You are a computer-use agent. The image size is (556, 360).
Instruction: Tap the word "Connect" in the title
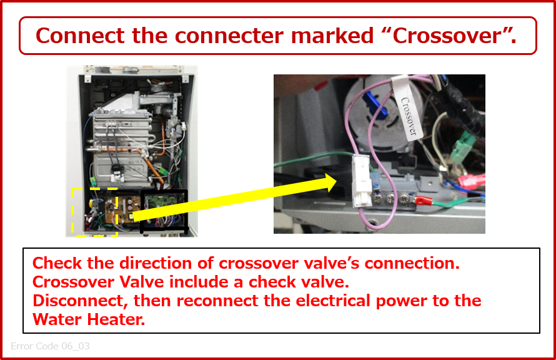[x=80, y=36]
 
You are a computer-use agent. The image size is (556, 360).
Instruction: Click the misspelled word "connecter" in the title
[x=229, y=36]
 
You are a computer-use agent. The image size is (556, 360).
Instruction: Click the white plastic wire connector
[x=361, y=181]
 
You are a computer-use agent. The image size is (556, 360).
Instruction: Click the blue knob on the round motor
[x=376, y=105]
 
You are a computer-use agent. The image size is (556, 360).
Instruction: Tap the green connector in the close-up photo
[x=463, y=147]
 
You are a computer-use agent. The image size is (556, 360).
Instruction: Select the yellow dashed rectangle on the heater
[x=72, y=212]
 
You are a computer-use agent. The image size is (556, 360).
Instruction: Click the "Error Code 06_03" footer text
[x=50, y=346]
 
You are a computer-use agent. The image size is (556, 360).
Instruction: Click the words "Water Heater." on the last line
[x=89, y=319]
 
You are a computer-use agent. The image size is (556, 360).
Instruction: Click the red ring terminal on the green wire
[x=422, y=201]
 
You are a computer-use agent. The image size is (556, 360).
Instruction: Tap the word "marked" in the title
[x=332, y=36]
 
